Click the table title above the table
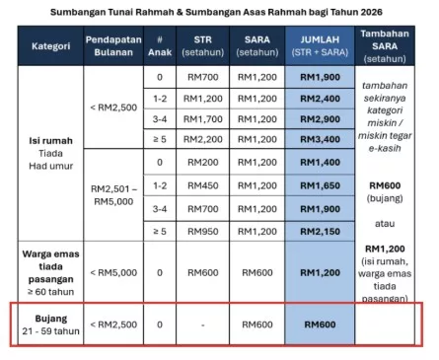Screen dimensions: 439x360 [x=219, y=13]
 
